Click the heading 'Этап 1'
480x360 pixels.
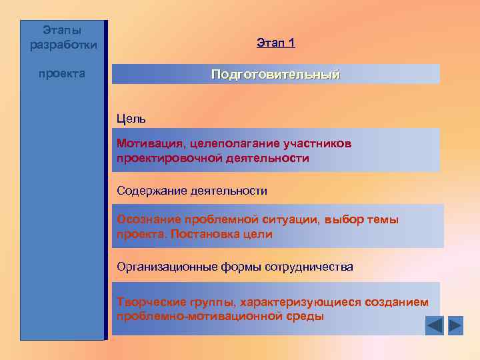tap(275, 43)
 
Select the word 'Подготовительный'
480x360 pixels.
tap(275, 74)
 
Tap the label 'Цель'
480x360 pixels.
tap(131, 119)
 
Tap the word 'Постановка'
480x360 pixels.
tap(203, 235)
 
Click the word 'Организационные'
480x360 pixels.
tap(166, 267)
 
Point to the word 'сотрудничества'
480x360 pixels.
tap(309, 267)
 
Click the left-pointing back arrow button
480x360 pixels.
tap(434, 325)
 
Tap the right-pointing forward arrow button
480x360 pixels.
tap(455, 325)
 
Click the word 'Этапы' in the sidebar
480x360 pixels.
tap(62, 30)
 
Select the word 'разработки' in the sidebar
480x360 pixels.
tap(63, 45)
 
